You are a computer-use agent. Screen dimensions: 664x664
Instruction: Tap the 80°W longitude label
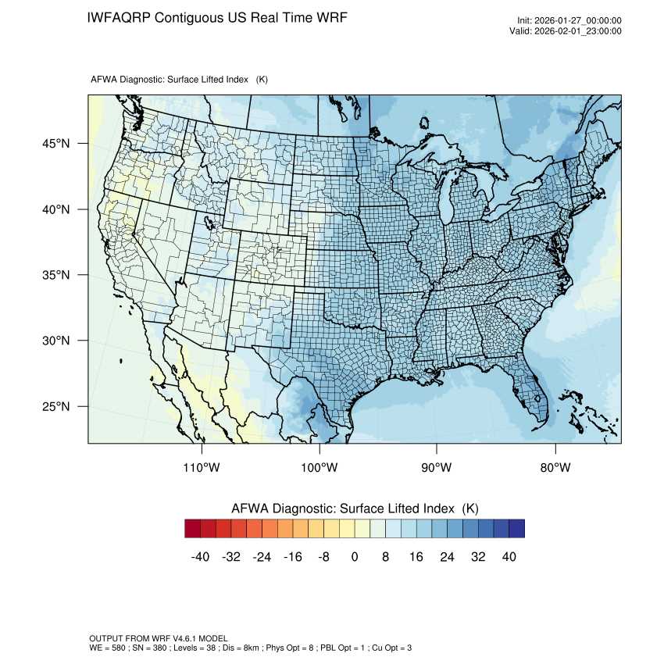point(555,468)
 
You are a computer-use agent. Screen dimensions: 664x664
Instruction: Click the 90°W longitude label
point(437,468)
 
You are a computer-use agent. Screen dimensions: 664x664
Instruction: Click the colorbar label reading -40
point(201,557)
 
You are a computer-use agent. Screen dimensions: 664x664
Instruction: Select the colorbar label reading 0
point(355,557)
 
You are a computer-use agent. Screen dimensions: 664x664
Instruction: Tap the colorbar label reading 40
point(509,557)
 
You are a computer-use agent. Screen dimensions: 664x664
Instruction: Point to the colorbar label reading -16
point(293,557)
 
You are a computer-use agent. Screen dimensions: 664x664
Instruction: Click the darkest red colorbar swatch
point(193,529)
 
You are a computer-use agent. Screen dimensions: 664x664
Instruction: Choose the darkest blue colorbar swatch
point(516,529)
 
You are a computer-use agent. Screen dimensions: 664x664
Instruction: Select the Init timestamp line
point(569,21)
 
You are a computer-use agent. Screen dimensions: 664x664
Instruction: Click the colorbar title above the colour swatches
point(355,509)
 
